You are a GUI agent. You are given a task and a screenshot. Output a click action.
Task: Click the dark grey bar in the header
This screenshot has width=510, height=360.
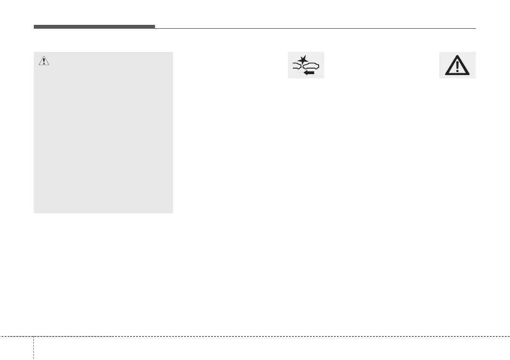click(x=94, y=27)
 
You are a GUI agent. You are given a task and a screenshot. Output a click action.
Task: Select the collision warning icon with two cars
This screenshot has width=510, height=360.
click(x=306, y=65)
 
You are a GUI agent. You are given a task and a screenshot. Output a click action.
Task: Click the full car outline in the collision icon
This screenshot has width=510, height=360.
click(x=311, y=66)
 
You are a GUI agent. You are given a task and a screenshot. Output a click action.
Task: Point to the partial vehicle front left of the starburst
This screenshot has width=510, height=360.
click(x=297, y=66)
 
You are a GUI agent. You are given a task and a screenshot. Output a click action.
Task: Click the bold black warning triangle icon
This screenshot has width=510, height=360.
click(x=457, y=66)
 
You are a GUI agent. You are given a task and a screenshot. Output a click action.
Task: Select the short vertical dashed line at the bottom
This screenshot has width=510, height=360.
click(x=33, y=348)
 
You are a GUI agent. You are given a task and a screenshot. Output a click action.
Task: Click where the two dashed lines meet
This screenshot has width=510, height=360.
click(x=33, y=336)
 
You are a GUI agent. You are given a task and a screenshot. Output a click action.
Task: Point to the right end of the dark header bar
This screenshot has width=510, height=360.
click(x=154, y=27)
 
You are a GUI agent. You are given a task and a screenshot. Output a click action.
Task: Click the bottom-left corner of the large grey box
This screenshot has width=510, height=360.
click(x=34, y=213)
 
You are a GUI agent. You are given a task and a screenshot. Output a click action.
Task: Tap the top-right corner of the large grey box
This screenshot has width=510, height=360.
click(x=173, y=53)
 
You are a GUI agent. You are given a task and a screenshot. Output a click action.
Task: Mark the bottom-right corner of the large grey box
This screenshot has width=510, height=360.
click(x=173, y=213)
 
